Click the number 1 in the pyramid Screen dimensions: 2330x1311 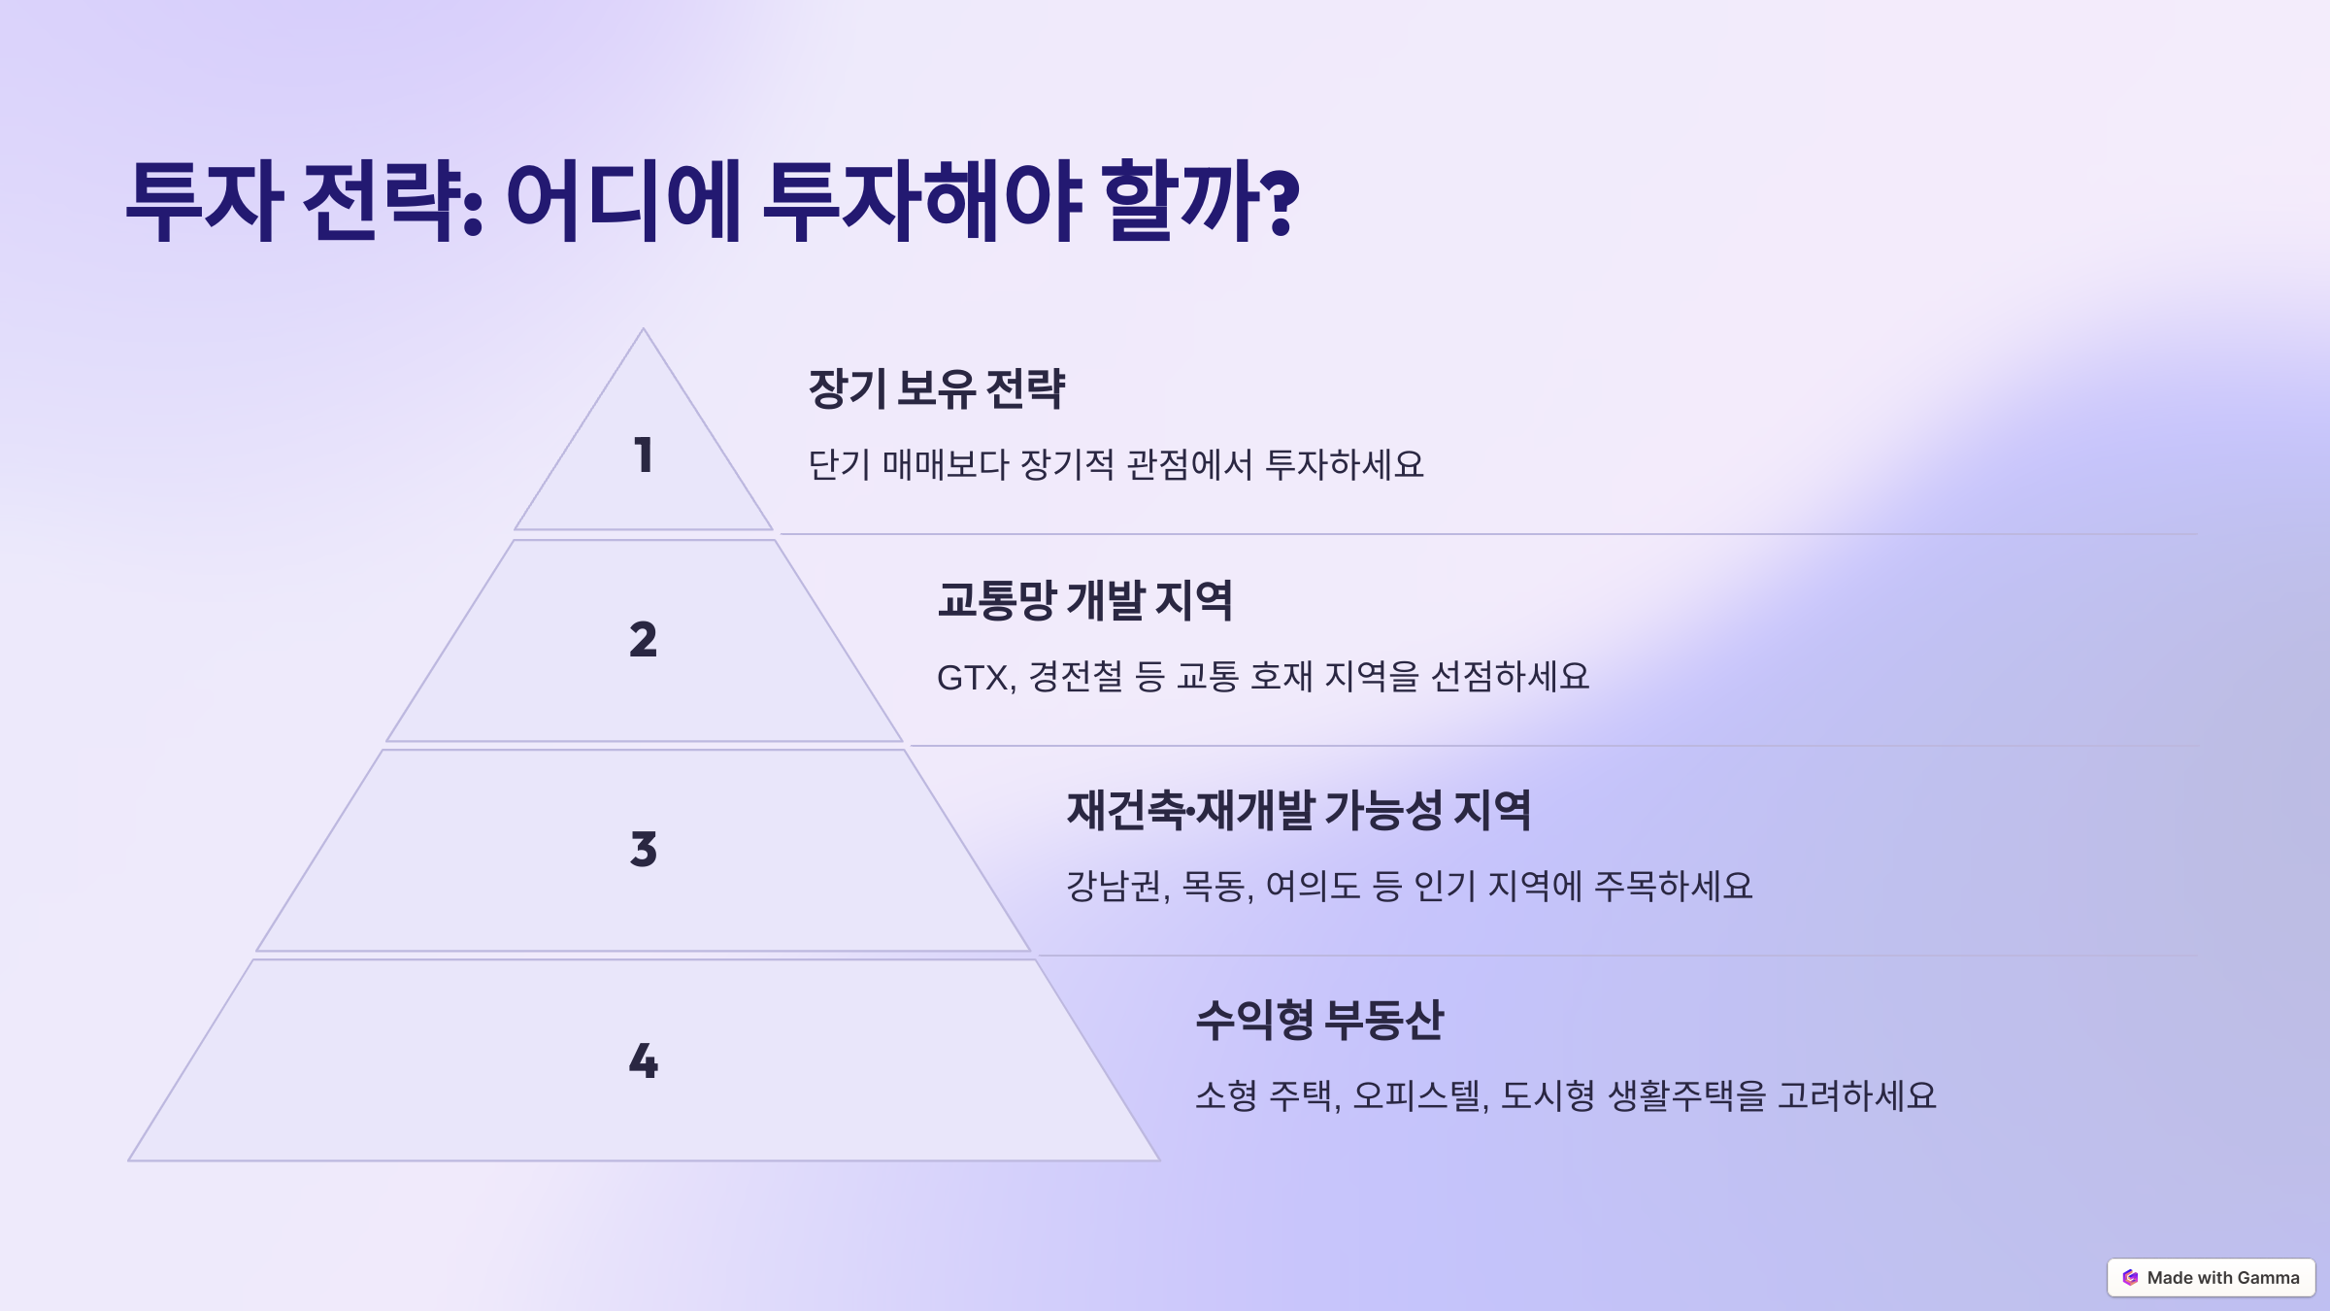[643, 455]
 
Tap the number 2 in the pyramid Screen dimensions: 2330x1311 [643, 640]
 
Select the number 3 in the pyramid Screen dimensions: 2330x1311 [643, 850]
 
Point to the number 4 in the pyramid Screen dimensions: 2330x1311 [643, 1060]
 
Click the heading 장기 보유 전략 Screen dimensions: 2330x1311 [937, 388]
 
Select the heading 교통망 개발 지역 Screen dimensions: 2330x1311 [1084, 599]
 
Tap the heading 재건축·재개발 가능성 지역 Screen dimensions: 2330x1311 [1299, 810]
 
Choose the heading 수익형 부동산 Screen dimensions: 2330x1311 [1319, 1020]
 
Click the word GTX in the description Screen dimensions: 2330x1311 [973, 677]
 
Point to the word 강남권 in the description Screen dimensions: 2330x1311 [1114, 886]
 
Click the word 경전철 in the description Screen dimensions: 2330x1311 [1076, 676]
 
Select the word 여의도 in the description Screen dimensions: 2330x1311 [1313, 886]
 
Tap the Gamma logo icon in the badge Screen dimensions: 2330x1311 [2130, 1278]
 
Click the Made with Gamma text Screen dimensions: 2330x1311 [2223, 1278]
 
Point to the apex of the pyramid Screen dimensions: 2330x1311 [643, 328]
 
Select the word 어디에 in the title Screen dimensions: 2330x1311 [623, 201]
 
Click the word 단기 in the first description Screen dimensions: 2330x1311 [839, 464]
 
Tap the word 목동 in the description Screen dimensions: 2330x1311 [1214, 886]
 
